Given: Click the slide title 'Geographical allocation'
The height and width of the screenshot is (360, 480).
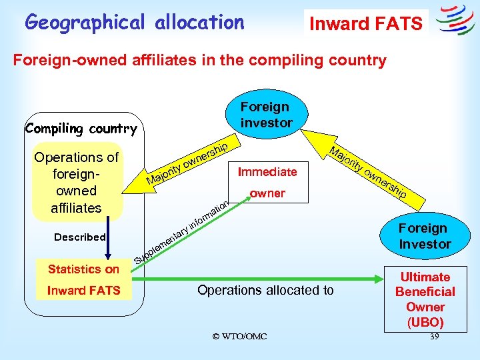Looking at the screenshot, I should [135, 22].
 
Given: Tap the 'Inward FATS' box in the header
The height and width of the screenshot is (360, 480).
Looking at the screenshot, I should [365, 24].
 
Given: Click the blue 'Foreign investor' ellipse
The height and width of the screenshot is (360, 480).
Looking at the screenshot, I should [265, 115].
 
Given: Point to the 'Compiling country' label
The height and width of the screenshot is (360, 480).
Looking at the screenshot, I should [81, 129].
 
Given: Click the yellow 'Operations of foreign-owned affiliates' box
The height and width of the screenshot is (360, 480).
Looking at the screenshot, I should [76, 182].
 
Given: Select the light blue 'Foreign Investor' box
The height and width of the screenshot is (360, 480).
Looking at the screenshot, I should [425, 236].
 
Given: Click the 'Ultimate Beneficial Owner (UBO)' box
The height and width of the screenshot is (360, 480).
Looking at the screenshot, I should [425, 299].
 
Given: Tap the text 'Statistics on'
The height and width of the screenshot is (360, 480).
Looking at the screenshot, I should [83, 269].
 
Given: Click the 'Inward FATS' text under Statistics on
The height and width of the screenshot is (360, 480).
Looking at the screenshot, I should [83, 290].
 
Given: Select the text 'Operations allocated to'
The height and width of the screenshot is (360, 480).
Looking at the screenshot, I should [266, 290].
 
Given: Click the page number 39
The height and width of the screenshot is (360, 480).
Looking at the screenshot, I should [434, 337].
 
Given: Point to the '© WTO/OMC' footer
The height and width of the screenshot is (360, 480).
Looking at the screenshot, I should [239, 337].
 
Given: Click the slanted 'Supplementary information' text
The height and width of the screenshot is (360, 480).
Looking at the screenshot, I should [183, 229].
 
